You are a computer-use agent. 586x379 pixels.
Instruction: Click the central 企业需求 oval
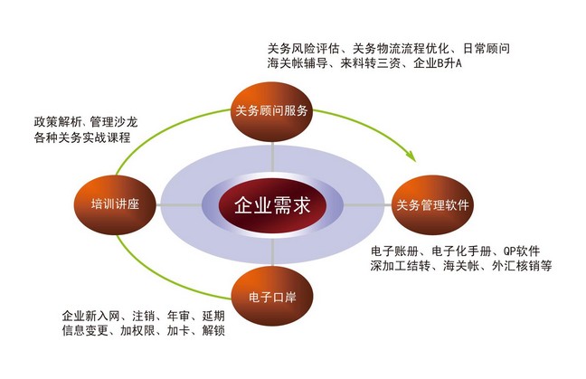click(x=272, y=205)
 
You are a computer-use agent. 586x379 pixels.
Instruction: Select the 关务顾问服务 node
click(x=271, y=111)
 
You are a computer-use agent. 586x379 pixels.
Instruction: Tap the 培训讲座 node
click(x=115, y=204)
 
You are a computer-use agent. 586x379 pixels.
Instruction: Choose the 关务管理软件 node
click(x=432, y=204)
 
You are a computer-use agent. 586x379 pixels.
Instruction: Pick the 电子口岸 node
click(x=272, y=297)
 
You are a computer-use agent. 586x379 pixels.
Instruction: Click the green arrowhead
click(x=411, y=156)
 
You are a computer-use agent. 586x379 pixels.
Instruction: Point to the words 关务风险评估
click(x=304, y=49)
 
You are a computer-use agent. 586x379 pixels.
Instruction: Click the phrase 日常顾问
click(x=487, y=49)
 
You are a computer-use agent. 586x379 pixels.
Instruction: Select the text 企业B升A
click(x=438, y=63)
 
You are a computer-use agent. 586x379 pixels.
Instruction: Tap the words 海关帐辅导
click(x=298, y=63)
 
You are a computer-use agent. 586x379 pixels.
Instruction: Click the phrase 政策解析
click(x=57, y=122)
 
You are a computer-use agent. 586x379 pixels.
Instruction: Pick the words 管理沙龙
click(x=114, y=122)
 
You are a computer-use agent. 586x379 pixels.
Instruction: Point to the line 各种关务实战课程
click(x=82, y=137)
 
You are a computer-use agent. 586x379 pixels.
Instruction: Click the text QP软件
click(x=522, y=251)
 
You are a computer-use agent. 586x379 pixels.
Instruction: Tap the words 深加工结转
click(x=401, y=266)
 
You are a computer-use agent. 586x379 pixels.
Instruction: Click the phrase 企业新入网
click(x=90, y=317)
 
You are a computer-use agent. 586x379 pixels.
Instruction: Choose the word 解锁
click(x=213, y=331)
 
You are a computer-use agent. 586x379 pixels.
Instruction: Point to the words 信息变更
click(x=85, y=331)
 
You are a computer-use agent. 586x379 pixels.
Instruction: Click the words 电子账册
click(x=394, y=251)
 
